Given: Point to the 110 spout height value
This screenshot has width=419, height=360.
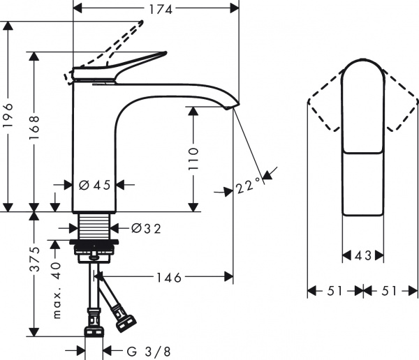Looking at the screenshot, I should (x=193, y=159).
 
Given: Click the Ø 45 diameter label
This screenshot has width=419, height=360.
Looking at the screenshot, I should (x=95, y=185).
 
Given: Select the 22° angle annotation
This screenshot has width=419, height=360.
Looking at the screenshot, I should (x=247, y=186).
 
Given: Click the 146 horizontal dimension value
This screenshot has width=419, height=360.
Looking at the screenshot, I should (x=168, y=278).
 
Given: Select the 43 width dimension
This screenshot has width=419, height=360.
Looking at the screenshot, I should (x=362, y=256).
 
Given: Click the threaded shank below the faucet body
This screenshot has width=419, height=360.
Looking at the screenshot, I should (x=94, y=225).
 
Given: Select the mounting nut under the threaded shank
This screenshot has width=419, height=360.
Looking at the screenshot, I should (x=94, y=246).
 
